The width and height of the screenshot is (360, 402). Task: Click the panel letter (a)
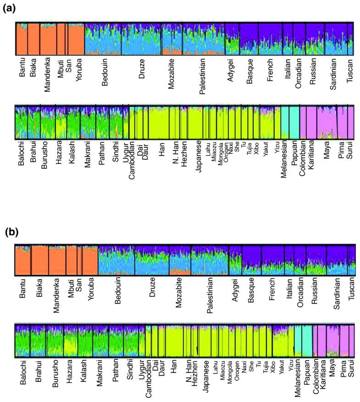[9, 8]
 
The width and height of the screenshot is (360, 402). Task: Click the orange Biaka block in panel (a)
[33, 39]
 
